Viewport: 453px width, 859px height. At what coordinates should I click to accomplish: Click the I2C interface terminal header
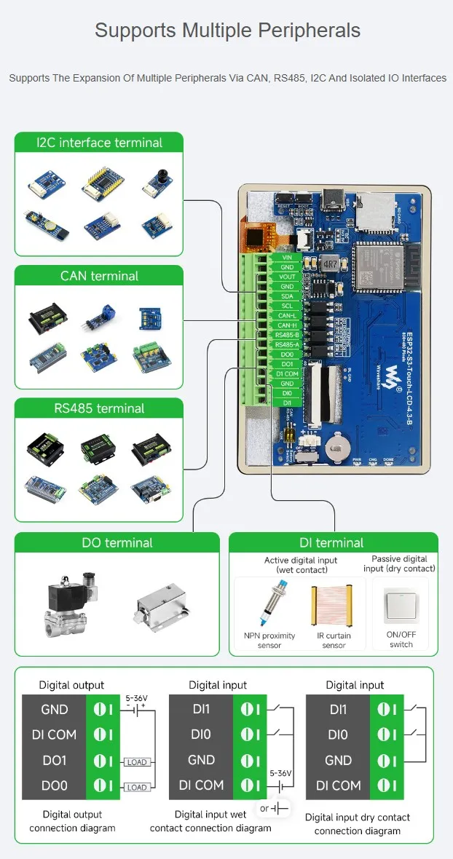tap(99, 143)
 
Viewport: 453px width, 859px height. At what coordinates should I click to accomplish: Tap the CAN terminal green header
tap(99, 276)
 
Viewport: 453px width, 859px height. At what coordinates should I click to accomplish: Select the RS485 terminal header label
tap(99, 408)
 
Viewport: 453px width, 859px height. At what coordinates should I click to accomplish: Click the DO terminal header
tap(117, 543)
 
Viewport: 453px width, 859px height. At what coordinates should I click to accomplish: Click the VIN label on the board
tap(286, 258)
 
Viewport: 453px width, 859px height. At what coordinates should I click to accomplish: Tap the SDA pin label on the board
tap(286, 296)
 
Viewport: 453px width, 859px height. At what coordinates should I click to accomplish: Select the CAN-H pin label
tap(286, 325)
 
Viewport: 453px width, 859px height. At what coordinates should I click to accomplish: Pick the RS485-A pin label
tap(286, 344)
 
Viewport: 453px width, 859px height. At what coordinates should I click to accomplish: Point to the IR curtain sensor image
tap(334, 603)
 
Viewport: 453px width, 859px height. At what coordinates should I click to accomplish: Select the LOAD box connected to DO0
tap(136, 788)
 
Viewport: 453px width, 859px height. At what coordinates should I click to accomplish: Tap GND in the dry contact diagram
tap(338, 760)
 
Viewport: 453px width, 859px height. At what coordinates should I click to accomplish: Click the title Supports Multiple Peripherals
tap(227, 31)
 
